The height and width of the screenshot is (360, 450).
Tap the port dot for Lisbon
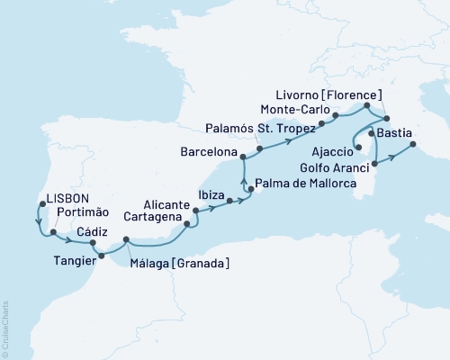38,203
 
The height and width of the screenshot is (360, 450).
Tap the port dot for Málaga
127,239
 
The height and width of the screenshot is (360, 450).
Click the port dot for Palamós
259,148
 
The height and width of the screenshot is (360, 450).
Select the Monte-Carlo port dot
335,115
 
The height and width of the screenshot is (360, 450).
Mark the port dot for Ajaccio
358,148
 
